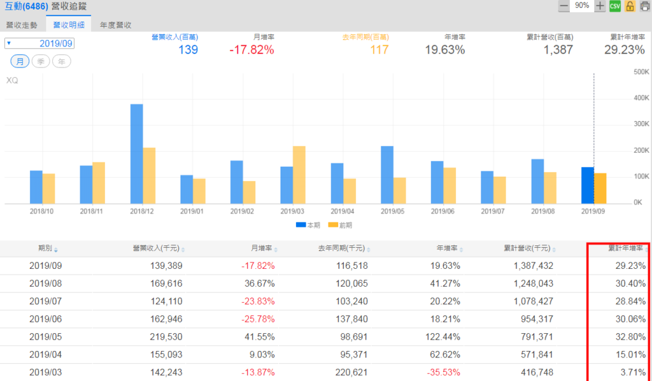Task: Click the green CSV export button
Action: point(614,6)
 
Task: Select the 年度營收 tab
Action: point(115,25)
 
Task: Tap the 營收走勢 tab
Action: point(22,25)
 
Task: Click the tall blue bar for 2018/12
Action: point(136,154)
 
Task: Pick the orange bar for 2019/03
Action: point(299,175)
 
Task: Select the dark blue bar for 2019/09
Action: point(588,185)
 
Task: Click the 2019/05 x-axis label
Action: point(393,210)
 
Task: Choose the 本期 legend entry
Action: point(308,225)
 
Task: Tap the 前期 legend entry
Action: point(340,225)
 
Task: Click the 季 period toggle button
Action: point(41,61)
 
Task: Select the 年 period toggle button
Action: point(62,61)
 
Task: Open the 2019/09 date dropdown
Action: point(39,43)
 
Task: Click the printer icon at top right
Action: point(644,6)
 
